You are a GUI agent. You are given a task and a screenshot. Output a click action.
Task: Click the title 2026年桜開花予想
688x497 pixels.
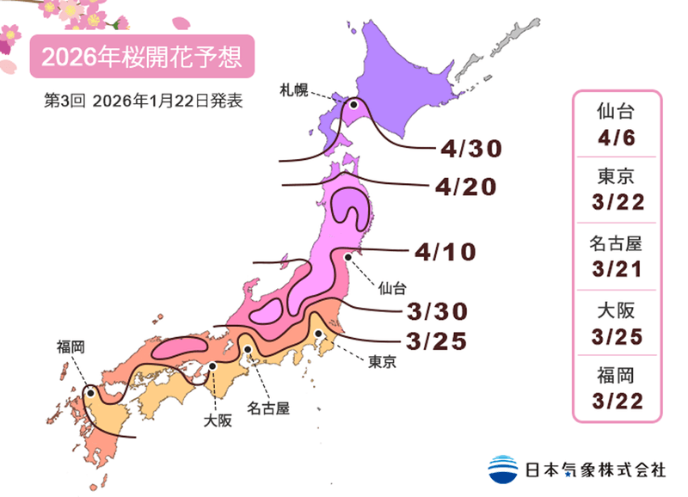tap(142, 57)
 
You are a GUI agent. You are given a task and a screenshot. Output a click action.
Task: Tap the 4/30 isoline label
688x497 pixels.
tap(469, 149)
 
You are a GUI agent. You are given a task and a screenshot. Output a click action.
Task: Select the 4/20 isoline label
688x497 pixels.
tap(465, 186)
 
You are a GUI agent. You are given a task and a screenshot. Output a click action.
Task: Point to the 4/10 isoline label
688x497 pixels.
tap(445, 252)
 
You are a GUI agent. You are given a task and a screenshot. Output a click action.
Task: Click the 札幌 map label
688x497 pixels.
tap(294, 88)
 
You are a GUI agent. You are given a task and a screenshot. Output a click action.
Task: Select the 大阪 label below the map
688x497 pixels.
tap(218, 421)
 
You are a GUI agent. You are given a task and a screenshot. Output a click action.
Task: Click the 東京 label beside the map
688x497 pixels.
tap(382, 362)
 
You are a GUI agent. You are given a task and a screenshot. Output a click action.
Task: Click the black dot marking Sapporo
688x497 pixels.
tap(353, 105)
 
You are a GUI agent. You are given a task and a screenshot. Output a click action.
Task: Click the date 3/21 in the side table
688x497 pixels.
tap(618, 268)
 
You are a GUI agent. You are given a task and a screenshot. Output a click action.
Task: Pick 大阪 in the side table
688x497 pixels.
tap(618, 310)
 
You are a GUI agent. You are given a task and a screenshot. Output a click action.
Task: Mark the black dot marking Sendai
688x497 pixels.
tap(348, 256)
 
